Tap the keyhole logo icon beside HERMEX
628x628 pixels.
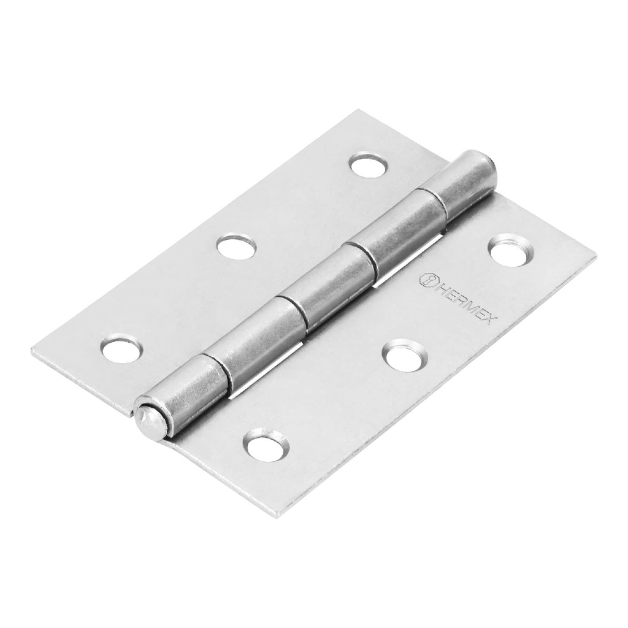click(426, 280)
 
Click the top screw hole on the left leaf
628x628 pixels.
click(370, 164)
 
